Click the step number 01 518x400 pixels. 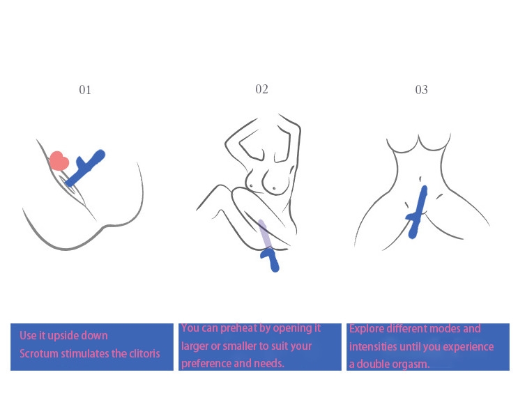pyautogui.click(x=85, y=90)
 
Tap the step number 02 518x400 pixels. pyautogui.click(x=261, y=89)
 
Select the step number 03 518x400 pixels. pyautogui.click(x=421, y=90)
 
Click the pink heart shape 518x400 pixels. pyautogui.click(x=59, y=161)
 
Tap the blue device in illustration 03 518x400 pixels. pyautogui.click(x=418, y=211)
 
